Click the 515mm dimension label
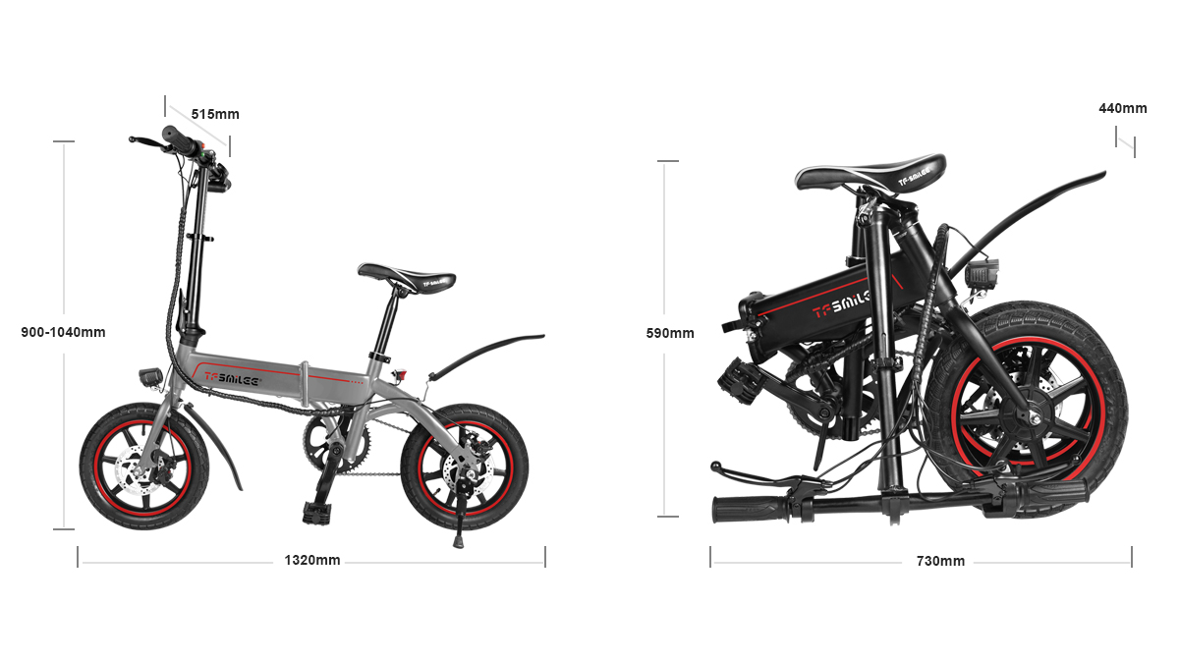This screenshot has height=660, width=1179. coord(215,114)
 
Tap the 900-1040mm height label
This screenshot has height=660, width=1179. coord(63,332)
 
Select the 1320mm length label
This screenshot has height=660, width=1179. coord(312,560)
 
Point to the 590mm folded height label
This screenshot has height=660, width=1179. coord(670,333)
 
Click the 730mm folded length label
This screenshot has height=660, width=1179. coord(940,561)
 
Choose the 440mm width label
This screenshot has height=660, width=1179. coord(1123,108)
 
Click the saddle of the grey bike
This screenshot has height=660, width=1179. coord(407,277)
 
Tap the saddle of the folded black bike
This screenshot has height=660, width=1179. coord(870,172)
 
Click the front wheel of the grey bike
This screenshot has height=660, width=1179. coord(144,467)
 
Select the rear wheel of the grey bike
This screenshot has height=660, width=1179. coord(464,467)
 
